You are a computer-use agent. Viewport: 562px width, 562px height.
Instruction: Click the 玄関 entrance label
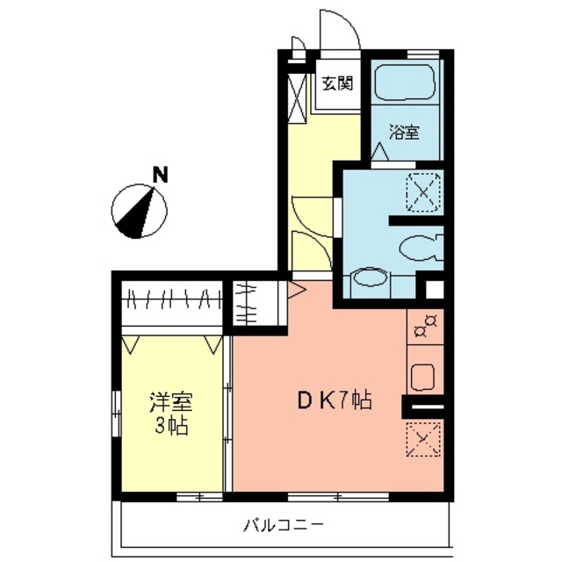pyautogui.click(x=337, y=83)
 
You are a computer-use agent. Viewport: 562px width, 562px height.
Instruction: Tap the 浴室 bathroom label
pyautogui.click(x=404, y=133)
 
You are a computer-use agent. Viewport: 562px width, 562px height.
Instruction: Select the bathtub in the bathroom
pyautogui.click(x=404, y=83)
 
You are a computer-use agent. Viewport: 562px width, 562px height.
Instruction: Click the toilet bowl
pyautogui.click(x=420, y=248)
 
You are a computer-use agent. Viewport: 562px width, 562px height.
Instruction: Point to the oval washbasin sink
pyautogui.click(x=370, y=277)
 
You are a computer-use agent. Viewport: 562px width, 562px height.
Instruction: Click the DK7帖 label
pyautogui.click(x=334, y=401)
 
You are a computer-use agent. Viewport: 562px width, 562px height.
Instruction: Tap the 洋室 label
pyautogui.click(x=171, y=402)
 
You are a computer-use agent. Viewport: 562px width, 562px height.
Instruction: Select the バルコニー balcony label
pyautogui.click(x=284, y=526)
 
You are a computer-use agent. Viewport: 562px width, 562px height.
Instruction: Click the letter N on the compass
pyautogui.click(x=160, y=176)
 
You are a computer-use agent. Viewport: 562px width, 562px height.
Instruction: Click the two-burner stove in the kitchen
pyautogui.click(x=425, y=326)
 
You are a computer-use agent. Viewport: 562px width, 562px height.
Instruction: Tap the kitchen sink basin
pyautogui.click(x=422, y=377)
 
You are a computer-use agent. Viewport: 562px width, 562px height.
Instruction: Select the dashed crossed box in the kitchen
pyautogui.click(x=423, y=439)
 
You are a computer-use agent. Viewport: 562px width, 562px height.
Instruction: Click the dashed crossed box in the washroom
pyautogui.click(x=423, y=192)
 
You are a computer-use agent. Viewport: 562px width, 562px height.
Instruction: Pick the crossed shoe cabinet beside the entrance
pyautogui.click(x=297, y=98)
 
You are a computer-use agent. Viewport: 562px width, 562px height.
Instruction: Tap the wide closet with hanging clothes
pyautogui.click(x=172, y=303)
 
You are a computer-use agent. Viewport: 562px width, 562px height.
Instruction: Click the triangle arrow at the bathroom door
pyautogui.click(x=379, y=152)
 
